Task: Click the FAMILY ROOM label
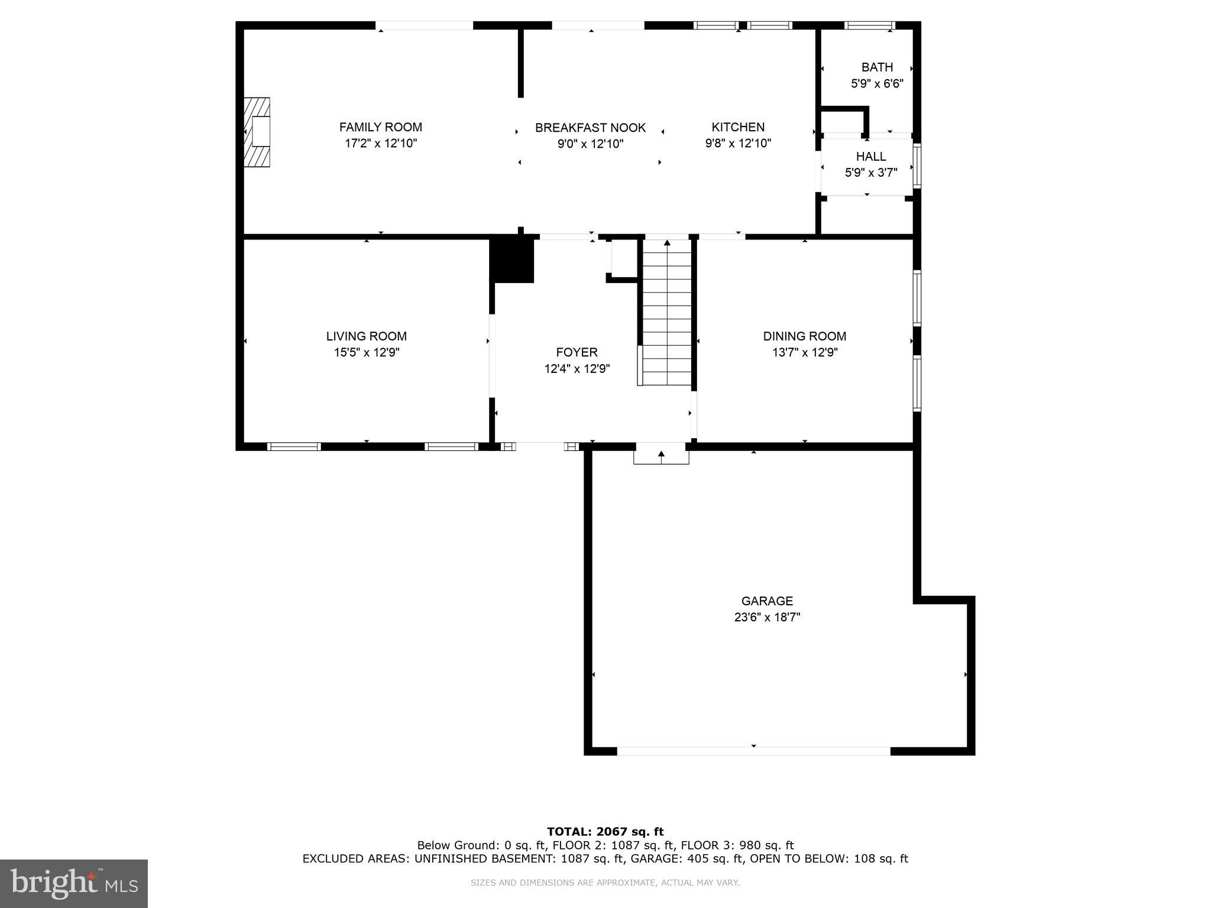[x=380, y=127]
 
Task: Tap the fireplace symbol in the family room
[x=257, y=132]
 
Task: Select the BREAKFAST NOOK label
[x=590, y=128]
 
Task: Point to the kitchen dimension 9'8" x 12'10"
[x=738, y=143]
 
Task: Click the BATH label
[x=877, y=67]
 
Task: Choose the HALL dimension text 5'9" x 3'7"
[x=871, y=173]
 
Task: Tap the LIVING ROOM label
[x=366, y=336]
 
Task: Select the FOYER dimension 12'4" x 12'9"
[x=577, y=369]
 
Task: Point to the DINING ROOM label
[x=804, y=336]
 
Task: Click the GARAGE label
[x=767, y=601]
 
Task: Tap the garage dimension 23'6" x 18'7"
[x=767, y=617]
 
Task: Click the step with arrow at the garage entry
[x=661, y=455]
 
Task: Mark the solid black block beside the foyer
[x=512, y=259]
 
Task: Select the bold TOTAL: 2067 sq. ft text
[x=605, y=832]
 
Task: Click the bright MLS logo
[x=74, y=883]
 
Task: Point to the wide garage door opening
[x=753, y=751]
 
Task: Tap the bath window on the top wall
[x=869, y=25]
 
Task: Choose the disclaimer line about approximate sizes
[x=605, y=883]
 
